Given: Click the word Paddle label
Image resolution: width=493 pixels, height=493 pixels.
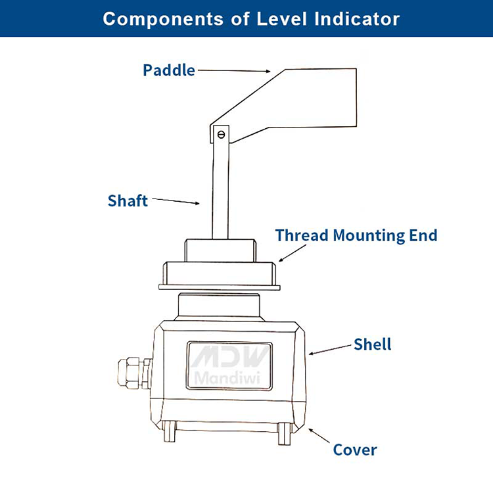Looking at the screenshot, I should pos(168,70).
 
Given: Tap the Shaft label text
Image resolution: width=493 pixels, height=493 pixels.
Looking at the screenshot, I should pos(128,200).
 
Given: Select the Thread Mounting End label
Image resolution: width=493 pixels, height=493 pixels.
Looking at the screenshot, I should pos(356,235).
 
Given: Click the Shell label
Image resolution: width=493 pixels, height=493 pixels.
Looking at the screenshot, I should pos(372,344).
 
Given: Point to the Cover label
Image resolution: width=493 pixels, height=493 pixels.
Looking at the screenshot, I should pos(355,450).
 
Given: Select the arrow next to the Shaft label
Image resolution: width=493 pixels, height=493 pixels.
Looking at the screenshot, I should pos(176,201).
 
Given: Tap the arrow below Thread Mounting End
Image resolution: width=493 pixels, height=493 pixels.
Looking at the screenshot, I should pos(292,254).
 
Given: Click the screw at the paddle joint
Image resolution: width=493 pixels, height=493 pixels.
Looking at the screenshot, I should pos(221,135).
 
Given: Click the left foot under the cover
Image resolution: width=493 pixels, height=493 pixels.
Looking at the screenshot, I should pos(170,433).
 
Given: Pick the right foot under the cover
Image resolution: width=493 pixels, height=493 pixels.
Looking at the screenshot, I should pos(284,433).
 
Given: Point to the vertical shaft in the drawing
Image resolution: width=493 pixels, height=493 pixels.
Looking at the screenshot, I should pos(220,191).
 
